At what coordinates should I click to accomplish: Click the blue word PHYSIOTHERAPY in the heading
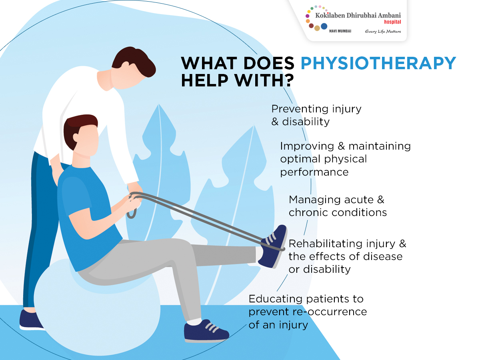click(x=378, y=63)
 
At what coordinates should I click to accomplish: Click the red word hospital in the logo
click(x=392, y=22)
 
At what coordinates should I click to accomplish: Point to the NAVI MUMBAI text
click(x=340, y=31)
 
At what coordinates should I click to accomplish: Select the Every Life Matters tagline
click(x=383, y=32)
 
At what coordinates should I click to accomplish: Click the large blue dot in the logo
click(x=324, y=26)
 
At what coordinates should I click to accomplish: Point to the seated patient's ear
click(x=76, y=138)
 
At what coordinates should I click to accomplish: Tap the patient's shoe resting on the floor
click(x=206, y=332)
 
